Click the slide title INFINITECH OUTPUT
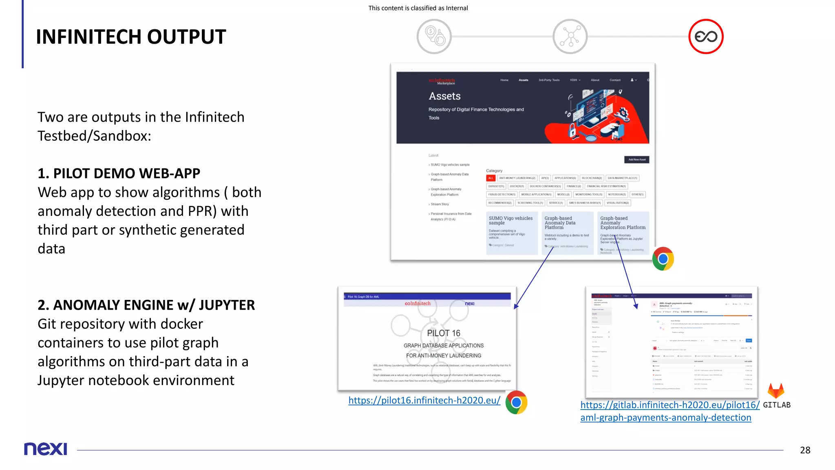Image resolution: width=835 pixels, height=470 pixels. [x=131, y=37]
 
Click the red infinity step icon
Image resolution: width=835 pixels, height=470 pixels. [x=706, y=36]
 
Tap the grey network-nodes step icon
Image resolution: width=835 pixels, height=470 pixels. [x=570, y=36]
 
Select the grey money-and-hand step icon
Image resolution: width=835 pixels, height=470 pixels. [x=434, y=36]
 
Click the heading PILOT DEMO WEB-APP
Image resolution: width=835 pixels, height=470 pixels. [x=119, y=173]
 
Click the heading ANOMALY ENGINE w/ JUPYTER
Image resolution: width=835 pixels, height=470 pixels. [x=146, y=305]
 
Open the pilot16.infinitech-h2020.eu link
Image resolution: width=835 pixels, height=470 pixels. [x=424, y=400]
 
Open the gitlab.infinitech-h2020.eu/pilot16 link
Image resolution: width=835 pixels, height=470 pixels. [x=670, y=405]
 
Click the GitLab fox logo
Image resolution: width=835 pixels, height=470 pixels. [x=775, y=390]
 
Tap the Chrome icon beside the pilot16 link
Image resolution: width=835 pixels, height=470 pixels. [x=516, y=402]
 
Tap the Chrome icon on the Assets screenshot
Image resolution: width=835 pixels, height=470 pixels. [x=663, y=259]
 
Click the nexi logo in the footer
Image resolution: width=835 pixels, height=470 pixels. [x=45, y=449]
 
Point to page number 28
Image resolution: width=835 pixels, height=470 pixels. [x=805, y=450]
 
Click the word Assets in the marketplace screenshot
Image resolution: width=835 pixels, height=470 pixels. [x=444, y=96]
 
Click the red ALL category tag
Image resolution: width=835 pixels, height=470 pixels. [x=490, y=178]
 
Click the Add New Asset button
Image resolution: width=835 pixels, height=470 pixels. [x=636, y=160]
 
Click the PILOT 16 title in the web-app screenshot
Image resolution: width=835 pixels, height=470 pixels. [x=444, y=333]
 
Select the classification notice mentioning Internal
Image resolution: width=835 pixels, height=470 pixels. [x=418, y=8]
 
